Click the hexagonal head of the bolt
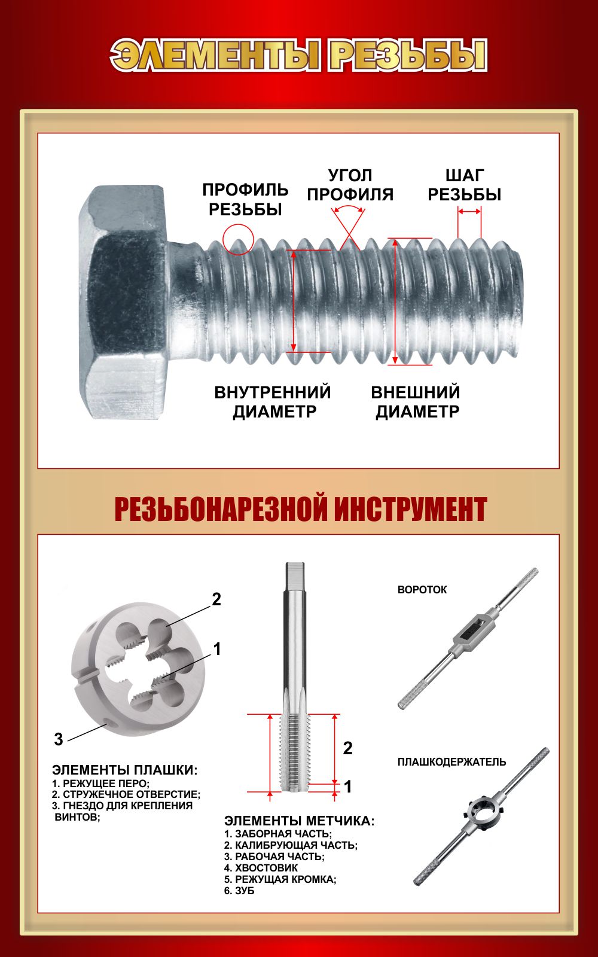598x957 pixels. click(x=124, y=301)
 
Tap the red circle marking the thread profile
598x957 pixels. click(x=239, y=225)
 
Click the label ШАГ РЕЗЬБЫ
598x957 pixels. click(x=464, y=185)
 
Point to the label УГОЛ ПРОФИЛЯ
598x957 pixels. click(x=350, y=185)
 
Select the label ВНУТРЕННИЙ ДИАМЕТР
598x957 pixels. click(x=273, y=401)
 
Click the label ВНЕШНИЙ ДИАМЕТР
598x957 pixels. click(x=416, y=401)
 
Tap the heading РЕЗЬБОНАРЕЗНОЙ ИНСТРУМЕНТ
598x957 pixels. click(x=301, y=509)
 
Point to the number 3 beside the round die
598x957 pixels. click(x=59, y=739)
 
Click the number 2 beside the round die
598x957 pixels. click(x=216, y=599)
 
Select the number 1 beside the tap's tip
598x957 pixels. click(x=348, y=787)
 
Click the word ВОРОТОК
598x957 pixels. click(x=422, y=590)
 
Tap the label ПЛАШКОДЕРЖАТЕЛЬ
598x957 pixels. click(x=452, y=762)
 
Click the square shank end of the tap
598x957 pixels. click(x=295, y=576)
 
